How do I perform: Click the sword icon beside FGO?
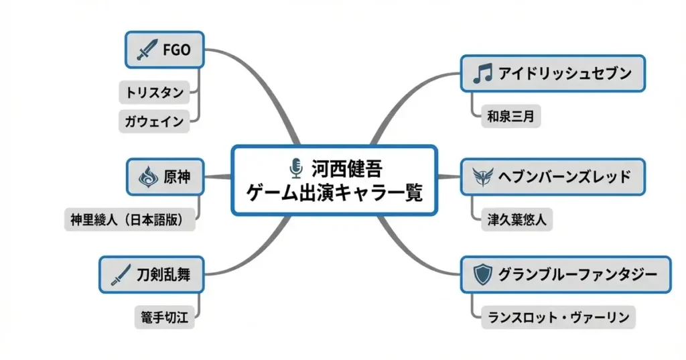(147, 50)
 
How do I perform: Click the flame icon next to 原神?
(147, 177)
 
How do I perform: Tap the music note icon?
(482, 74)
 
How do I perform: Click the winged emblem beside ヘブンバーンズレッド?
(482, 177)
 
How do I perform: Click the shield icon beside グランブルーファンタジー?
(482, 274)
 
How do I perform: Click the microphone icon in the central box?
(295, 166)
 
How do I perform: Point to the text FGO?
(177, 50)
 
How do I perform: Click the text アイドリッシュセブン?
(565, 74)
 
